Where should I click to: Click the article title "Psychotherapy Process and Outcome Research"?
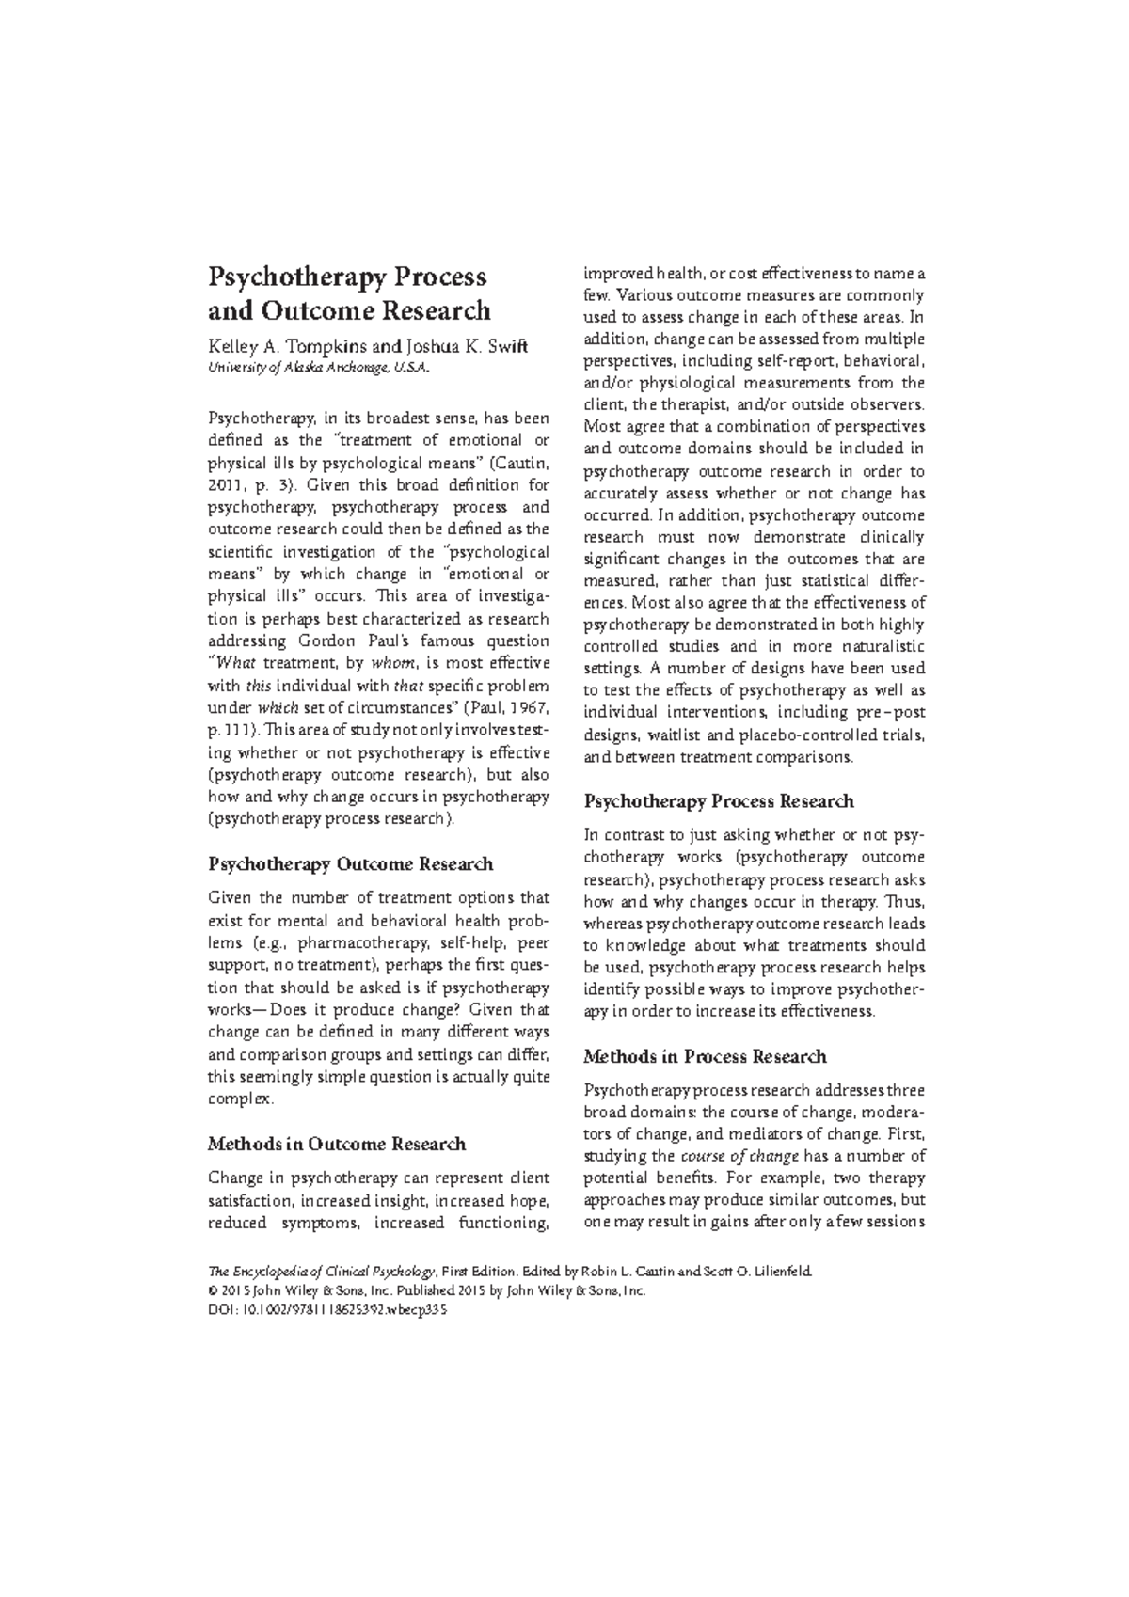coord(348,293)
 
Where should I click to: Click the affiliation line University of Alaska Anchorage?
coord(319,368)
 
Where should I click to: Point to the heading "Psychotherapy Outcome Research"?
coord(350,863)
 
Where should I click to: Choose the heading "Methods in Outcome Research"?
coord(336,1144)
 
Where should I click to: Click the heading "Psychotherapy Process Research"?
coord(719,801)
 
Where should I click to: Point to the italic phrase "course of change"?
coord(739,1156)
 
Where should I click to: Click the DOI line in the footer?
coord(324,1311)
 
